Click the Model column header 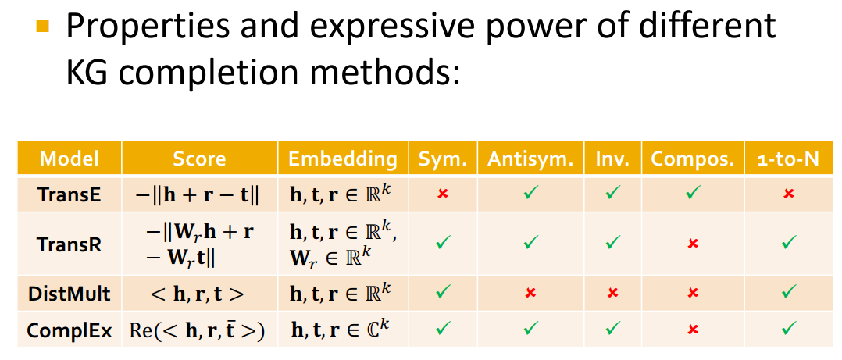tap(70, 159)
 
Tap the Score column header tap(199, 159)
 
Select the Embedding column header tap(343, 159)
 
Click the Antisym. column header tap(530, 159)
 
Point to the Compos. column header tap(693, 159)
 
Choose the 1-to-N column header tap(788, 159)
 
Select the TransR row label tap(70, 244)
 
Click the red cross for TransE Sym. tap(443, 194)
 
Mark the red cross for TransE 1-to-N tap(788, 194)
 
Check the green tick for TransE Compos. tap(692, 193)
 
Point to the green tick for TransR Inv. tap(612, 243)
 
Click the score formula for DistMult tap(199, 294)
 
